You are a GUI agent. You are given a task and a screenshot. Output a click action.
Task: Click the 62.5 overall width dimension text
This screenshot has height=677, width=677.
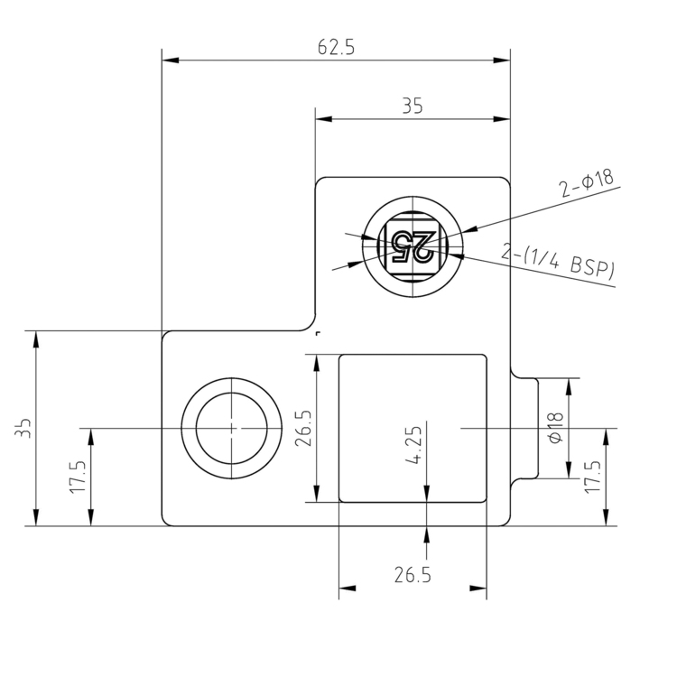pyautogui.click(x=336, y=48)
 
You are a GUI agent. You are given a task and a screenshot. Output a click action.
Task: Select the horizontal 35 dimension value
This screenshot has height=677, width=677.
pyautogui.click(x=412, y=107)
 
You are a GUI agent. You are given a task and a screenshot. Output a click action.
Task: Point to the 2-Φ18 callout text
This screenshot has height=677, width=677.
pyautogui.click(x=586, y=183)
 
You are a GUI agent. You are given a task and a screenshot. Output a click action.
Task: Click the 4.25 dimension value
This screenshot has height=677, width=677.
pyautogui.click(x=413, y=446)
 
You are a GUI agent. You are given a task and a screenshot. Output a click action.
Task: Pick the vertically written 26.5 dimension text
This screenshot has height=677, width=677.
pyautogui.click(x=303, y=429)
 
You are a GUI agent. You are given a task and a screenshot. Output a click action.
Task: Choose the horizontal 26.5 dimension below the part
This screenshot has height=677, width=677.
pyautogui.click(x=412, y=574)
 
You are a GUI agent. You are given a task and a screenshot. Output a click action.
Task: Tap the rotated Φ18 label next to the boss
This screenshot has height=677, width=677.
pyautogui.click(x=555, y=427)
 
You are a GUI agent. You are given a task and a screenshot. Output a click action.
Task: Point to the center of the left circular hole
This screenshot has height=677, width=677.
pyautogui.click(x=231, y=427)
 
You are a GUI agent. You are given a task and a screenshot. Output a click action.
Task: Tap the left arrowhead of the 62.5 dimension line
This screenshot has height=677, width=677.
pyautogui.click(x=169, y=60)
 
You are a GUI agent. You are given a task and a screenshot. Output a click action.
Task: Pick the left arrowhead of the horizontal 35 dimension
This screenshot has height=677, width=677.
pyautogui.click(x=322, y=118)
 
